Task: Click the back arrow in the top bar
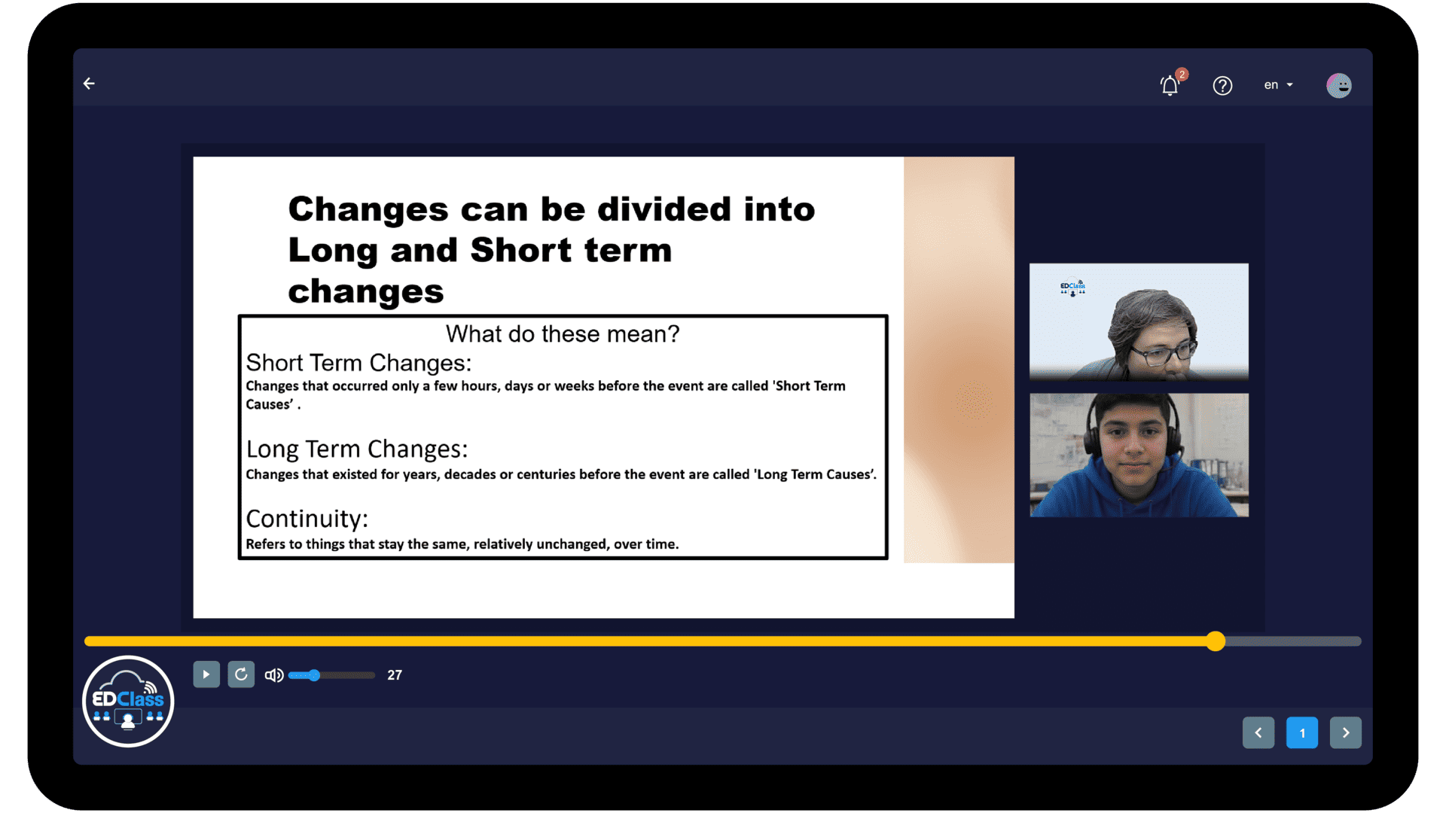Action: tap(89, 84)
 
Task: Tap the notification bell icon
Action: tap(1170, 85)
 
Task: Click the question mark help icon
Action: tap(1222, 86)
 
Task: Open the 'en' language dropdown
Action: tap(1278, 85)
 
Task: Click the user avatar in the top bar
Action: tap(1338, 85)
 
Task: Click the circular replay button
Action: tap(241, 674)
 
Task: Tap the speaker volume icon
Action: tap(274, 675)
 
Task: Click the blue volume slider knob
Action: tap(314, 675)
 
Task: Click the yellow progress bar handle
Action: tap(1216, 641)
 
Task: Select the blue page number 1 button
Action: tap(1302, 732)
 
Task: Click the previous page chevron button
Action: tap(1258, 732)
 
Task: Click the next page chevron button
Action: tap(1346, 732)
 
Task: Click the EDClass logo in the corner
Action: tap(128, 702)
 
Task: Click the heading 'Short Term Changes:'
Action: tap(358, 363)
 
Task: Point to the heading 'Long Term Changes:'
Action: tap(357, 449)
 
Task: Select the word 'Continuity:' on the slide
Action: tap(307, 519)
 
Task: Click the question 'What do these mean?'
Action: tap(563, 333)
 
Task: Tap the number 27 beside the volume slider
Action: tap(395, 675)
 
